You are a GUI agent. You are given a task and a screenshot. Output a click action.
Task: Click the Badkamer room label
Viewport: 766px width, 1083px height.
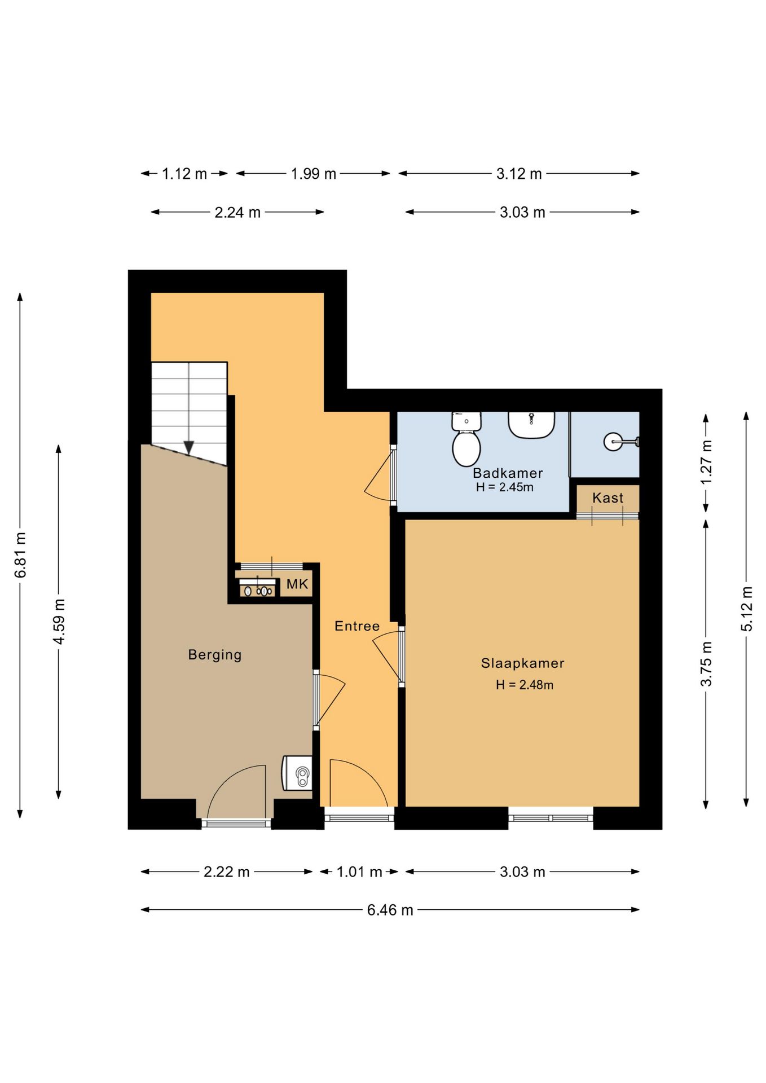(508, 473)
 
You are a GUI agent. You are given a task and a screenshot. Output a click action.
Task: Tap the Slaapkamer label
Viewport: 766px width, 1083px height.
(522, 663)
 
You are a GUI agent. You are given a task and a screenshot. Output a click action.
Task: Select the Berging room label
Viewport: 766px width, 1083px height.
(214, 655)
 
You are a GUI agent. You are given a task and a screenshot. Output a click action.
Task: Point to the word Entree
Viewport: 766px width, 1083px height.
(357, 626)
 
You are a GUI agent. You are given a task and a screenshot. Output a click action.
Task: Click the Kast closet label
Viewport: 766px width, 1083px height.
(607, 498)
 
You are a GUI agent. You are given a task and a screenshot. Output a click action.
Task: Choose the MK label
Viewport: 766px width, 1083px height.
(297, 584)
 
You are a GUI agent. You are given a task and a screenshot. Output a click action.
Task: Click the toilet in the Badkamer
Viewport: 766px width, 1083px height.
(466, 439)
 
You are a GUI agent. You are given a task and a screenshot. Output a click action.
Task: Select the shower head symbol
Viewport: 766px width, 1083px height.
(621, 441)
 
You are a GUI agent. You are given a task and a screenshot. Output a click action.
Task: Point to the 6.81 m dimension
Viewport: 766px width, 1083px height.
(20, 555)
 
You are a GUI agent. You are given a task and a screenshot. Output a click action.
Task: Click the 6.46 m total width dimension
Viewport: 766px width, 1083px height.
(390, 910)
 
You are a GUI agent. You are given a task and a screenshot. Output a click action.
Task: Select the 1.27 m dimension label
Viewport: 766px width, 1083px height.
(706, 462)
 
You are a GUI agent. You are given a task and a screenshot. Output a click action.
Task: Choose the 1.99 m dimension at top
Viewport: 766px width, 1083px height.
(313, 174)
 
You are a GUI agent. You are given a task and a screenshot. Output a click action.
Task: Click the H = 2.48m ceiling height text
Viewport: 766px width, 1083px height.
(525, 685)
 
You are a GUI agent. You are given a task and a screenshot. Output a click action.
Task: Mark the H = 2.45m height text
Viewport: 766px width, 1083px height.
(504, 487)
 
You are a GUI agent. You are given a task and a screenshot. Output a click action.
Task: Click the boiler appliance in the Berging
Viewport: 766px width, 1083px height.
(297, 773)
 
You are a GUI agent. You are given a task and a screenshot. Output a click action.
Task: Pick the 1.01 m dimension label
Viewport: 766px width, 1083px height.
(359, 872)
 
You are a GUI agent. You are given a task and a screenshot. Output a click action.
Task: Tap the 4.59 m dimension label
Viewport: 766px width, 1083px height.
(59, 622)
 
